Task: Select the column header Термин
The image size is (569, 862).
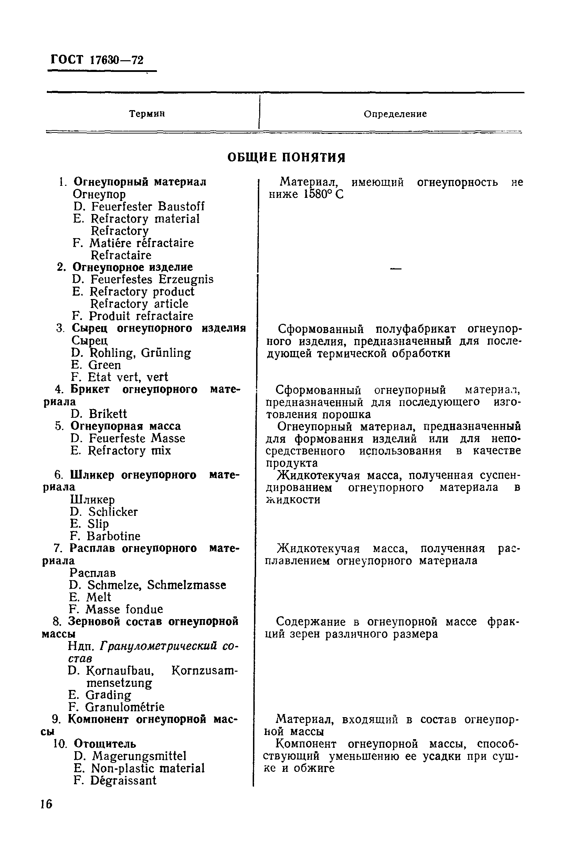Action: tap(147, 114)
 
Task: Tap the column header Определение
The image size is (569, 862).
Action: tap(395, 114)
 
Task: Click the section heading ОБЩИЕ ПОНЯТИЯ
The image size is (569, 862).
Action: tap(286, 158)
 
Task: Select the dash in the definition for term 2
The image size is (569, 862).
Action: tap(395, 269)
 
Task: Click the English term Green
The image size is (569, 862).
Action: tap(105, 365)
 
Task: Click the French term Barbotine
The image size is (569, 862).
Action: tap(113, 536)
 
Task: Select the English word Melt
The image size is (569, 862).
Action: tap(98, 597)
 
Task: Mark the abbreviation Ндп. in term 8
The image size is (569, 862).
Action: tap(82, 646)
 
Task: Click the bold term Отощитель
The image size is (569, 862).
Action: tap(105, 744)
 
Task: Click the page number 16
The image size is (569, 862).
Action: tap(46, 804)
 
